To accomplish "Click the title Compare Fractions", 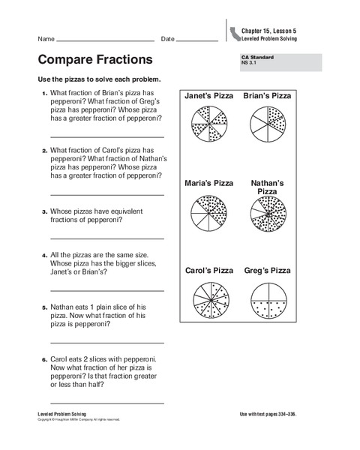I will tap(94, 59).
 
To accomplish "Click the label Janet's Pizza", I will tap(208, 96).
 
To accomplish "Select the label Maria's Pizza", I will tap(208, 183).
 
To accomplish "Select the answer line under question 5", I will tap(106, 342).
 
